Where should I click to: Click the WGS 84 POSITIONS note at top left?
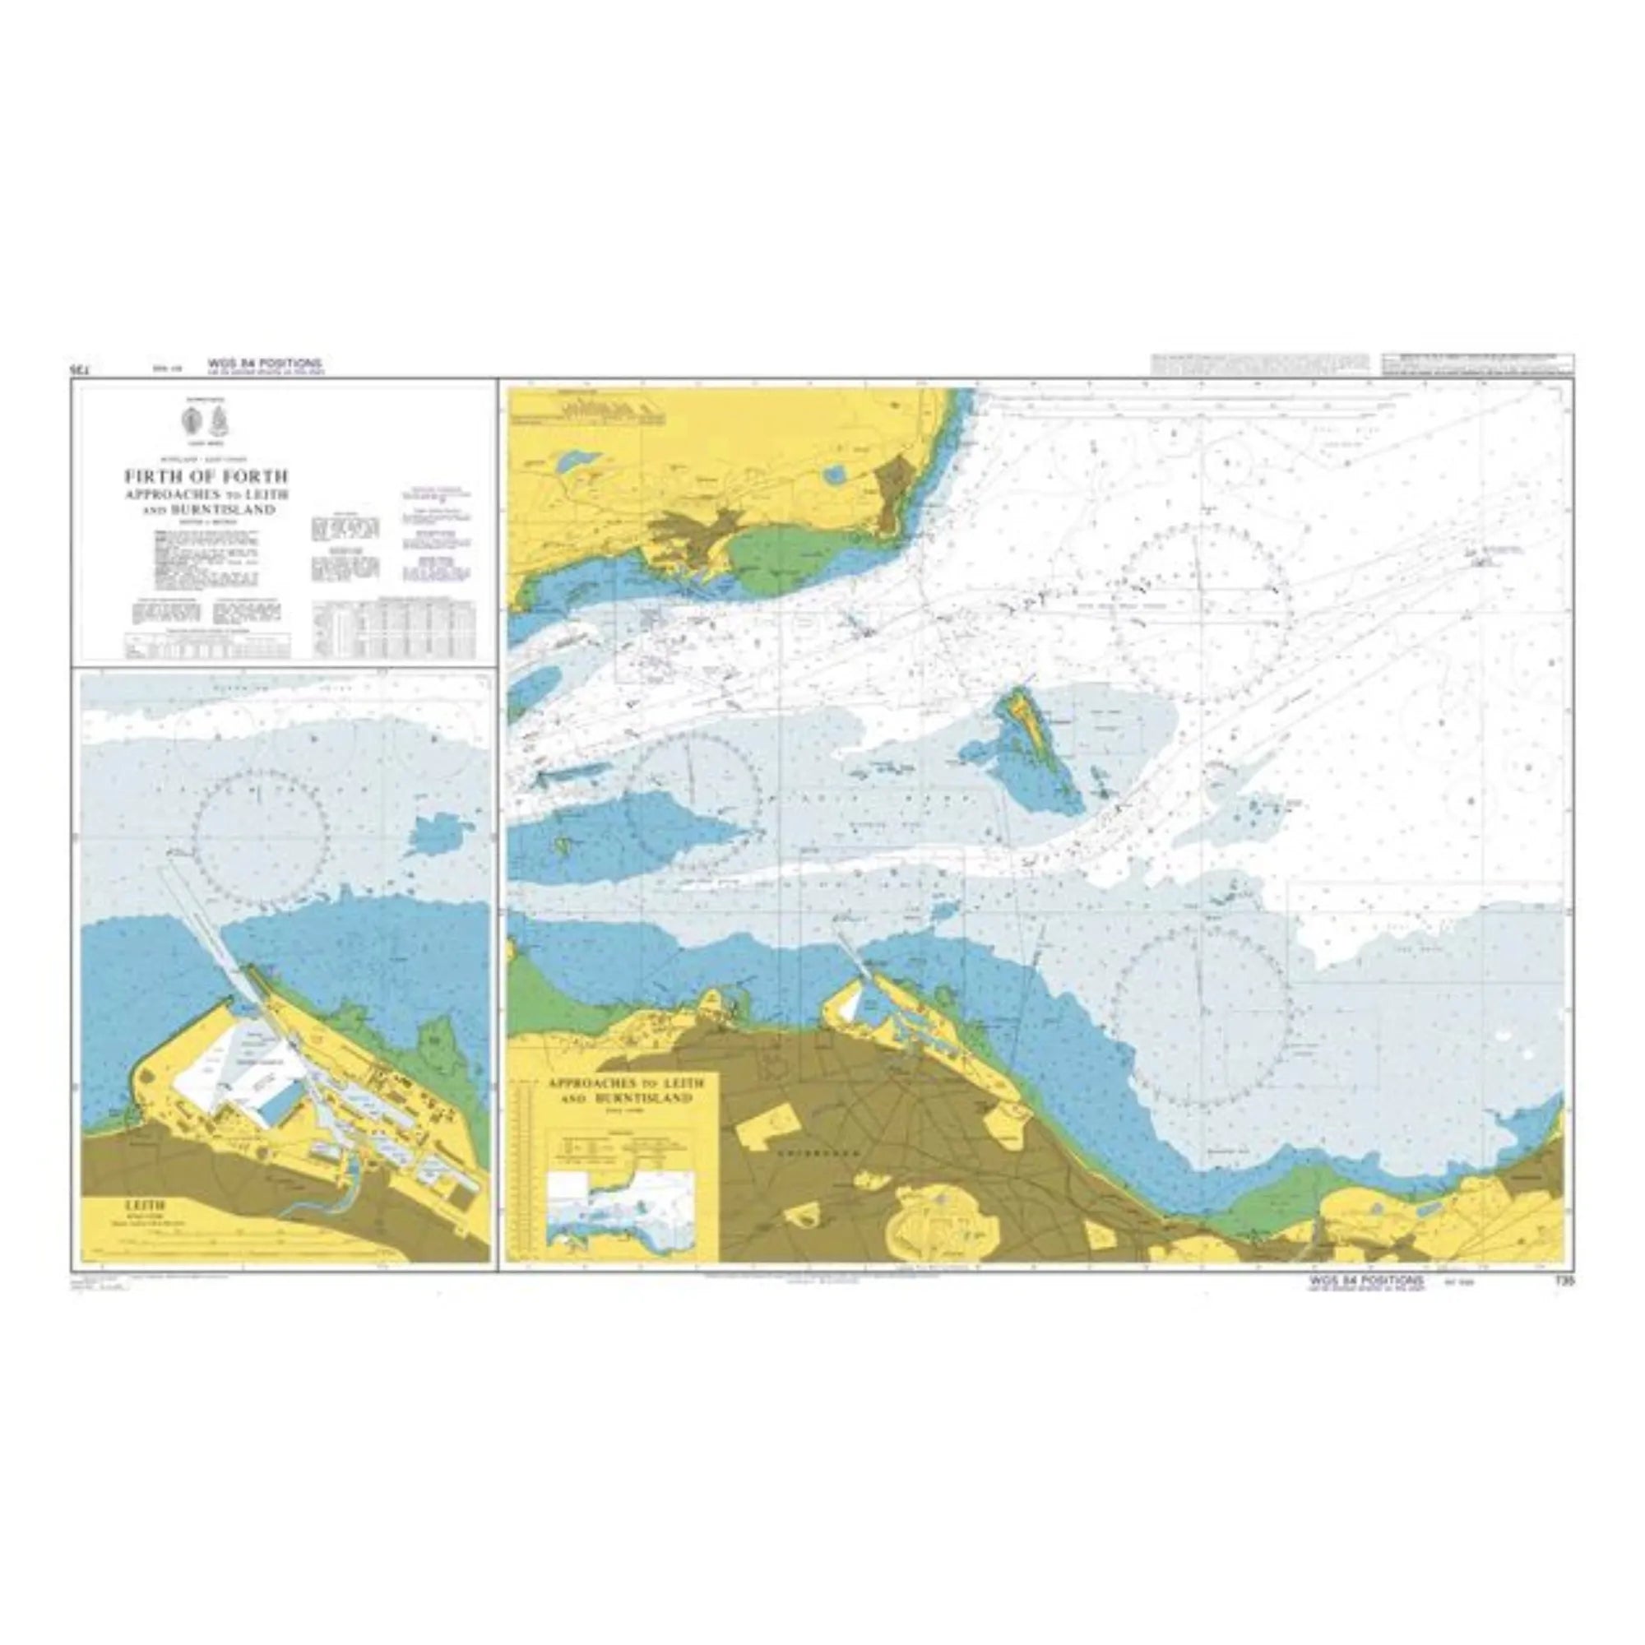[x=265, y=363]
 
